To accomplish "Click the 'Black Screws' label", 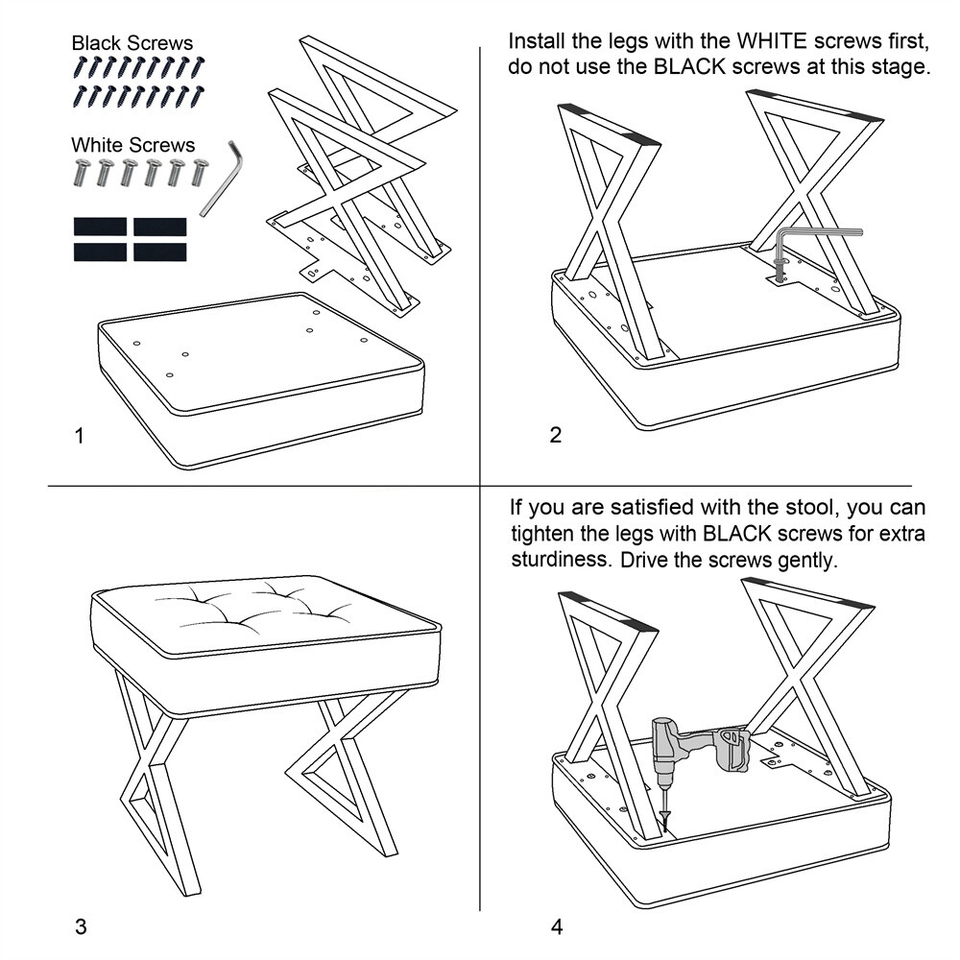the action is pyautogui.click(x=132, y=43).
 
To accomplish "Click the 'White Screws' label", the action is pyautogui.click(x=132, y=145).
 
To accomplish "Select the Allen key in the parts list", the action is pyautogui.click(x=222, y=179).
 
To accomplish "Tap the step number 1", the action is pyautogui.click(x=79, y=436).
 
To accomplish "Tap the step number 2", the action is pyautogui.click(x=555, y=435).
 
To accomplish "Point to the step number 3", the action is pyautogui.click(x=81, y=927).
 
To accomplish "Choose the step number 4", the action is pyautogui.click(x=557, y=927).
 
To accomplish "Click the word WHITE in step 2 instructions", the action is pyautogui.click(x=772, y=41).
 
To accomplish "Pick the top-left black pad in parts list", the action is pyautogui.click(x=101, y=227).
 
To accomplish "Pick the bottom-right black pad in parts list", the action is pyautogui.click(x=159, y=252).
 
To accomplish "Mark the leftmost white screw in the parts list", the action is pyautogui.click(x=81, y=172).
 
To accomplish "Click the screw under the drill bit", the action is pyautogui.click(x=665, y=819).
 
